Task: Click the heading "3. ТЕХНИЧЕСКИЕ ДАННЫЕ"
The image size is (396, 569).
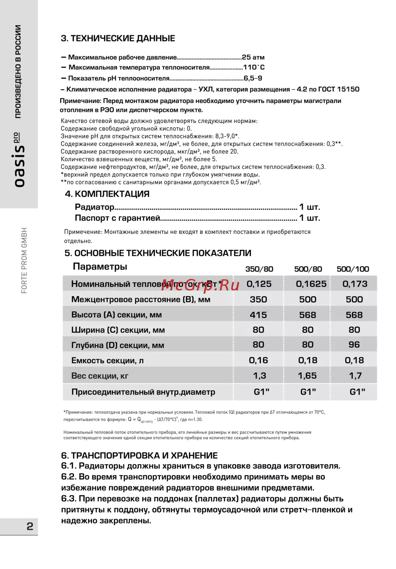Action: (x=118, y=38)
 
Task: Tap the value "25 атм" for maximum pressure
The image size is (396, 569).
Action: (x=253, y=57)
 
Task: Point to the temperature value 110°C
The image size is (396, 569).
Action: (x=254, y=67)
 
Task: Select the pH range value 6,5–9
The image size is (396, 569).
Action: (x=253, y=78)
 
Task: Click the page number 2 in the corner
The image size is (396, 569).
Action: (x=30, y=526)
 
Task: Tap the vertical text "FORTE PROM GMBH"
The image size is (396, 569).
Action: (x=25, y=260)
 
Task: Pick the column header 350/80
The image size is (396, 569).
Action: (x=259, y=269)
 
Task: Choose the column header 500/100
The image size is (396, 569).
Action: (x=352, y=269)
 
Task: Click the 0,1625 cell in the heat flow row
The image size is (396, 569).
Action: (x=311, y=284)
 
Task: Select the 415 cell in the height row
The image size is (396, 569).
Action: (x=258, y=315)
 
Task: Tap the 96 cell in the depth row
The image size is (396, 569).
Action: (x=354, y=345)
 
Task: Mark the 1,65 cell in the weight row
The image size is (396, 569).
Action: (x=307, y=376)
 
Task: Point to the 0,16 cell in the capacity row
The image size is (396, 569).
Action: (x=258, y=360)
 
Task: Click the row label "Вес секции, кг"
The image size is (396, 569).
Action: (x=100, y=376)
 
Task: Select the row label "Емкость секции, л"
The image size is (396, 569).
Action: (x=107, y=360)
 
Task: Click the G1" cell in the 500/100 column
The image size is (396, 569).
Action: (x=357, y=392)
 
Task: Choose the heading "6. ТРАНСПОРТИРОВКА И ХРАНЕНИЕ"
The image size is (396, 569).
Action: (x=139, y=455)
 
